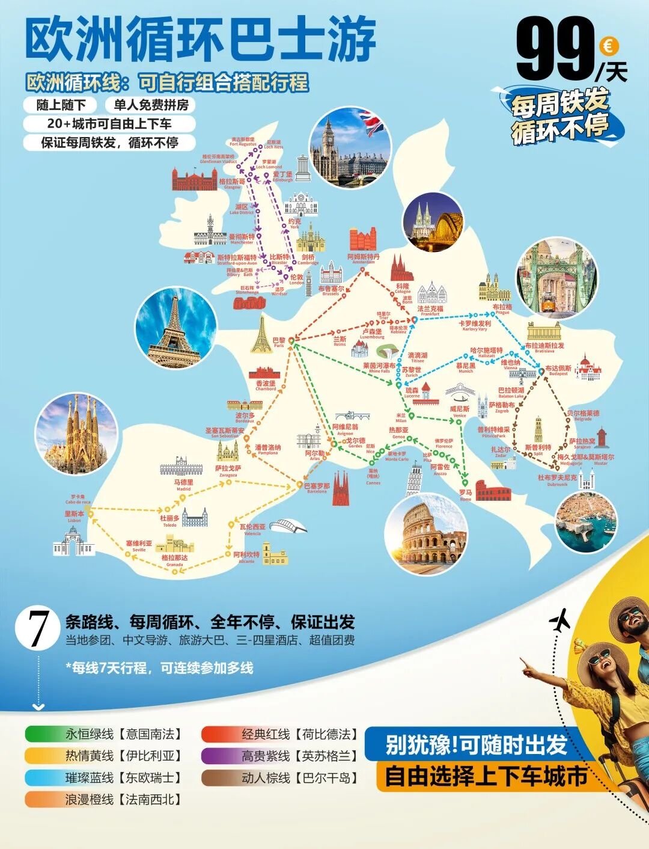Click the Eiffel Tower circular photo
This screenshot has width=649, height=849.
[175, 328]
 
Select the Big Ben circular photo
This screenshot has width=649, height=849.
[350, 149]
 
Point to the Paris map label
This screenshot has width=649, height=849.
[279, 342]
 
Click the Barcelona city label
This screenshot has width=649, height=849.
[317, 487]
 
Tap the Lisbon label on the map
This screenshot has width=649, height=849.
[75, 515]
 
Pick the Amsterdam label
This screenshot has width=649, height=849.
[364, 257]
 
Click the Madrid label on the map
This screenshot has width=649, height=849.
[184, 483]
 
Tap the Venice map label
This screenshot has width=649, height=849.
[460, 410]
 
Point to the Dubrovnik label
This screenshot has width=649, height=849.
[557, 479]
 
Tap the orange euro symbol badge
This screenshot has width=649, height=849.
[609, 46]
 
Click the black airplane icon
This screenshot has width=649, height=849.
[559, 621]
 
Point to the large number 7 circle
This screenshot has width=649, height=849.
[38, 629]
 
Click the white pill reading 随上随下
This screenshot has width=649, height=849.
[61, 105]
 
